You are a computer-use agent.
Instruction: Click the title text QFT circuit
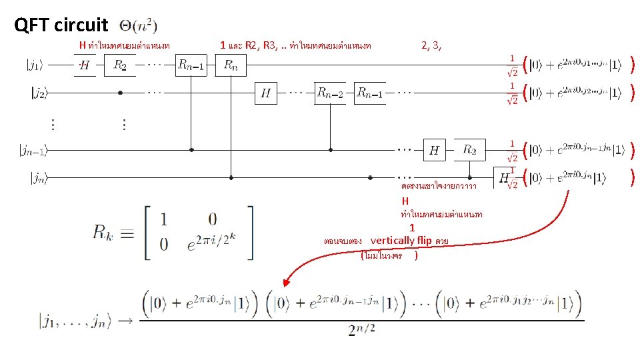pos(61,25)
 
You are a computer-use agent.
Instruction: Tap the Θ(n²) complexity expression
pos(139,26)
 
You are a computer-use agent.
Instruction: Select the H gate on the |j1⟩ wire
pos(85,65)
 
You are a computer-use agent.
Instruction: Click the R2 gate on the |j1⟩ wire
pos(120,65)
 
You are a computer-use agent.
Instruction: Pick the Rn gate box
pos(231,65)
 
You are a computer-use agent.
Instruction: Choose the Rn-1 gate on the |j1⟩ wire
pos(191,65)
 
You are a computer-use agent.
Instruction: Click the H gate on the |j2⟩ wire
pos(265,93)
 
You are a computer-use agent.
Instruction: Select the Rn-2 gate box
pos(331,93)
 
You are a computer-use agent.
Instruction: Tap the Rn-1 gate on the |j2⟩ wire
pos(370,93)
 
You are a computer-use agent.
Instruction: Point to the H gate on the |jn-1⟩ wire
pos(434,150)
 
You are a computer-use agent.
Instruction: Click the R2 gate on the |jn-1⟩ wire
pos(470,150)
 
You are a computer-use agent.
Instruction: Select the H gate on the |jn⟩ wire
pos(505,177)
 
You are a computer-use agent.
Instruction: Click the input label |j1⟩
pos(35,65)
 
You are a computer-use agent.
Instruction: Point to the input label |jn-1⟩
pos(33,151)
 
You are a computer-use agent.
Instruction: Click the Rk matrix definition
pos(173,232)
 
